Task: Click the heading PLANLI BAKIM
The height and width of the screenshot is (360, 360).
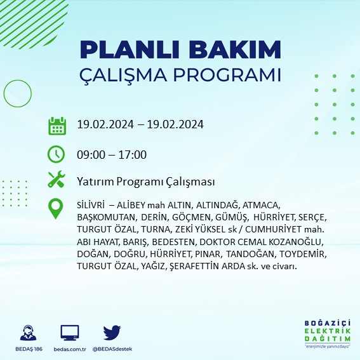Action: [180, 50]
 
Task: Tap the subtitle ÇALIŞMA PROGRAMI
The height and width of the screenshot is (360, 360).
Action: [180, 74]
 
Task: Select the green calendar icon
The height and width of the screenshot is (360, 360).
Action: [57, 125]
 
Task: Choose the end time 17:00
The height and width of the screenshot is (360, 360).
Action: [134, 155]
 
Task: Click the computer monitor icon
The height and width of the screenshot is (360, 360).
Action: [70, 333]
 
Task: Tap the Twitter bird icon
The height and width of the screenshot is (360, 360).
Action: [112, 333]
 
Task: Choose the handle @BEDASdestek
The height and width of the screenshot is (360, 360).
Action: [112, 349]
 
